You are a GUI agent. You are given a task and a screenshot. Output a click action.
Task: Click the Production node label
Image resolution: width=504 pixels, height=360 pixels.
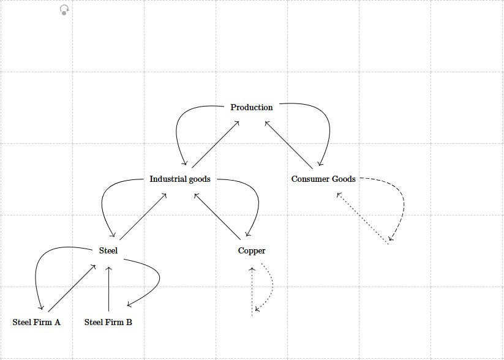point(252,107)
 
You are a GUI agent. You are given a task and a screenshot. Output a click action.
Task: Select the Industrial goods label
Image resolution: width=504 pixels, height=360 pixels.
point(180,179)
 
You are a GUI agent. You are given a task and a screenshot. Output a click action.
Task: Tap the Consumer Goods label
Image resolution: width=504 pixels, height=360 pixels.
point(323,179)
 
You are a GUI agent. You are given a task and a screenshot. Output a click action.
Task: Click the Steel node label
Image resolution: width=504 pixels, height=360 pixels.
point(108,251)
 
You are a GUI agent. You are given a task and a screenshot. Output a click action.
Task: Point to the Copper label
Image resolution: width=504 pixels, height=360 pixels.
point(252,251)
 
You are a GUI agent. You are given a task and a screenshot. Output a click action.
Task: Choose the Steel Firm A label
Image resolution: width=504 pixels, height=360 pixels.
point(36,322)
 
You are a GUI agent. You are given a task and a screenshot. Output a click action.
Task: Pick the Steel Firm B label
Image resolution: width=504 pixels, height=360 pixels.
point(108,322)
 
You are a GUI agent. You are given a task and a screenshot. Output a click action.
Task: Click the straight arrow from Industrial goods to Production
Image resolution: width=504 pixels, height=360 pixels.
point(215,144)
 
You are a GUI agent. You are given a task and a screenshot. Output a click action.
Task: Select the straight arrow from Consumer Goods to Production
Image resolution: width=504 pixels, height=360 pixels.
point(288,144)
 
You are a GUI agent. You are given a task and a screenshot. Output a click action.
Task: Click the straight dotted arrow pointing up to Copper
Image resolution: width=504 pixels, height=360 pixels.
point(252,291)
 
